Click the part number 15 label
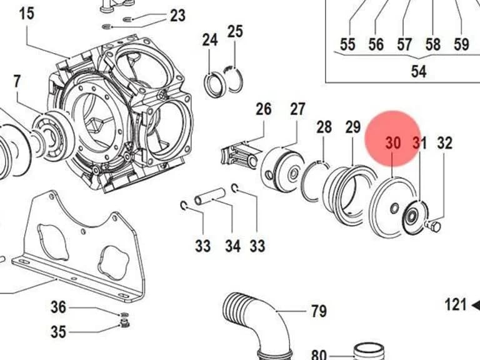(27, 14)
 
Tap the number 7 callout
(17, 81)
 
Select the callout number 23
(178, 16)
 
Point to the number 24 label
(210, 40)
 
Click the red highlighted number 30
(393, 143)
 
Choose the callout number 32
(445, 143)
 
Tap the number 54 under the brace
(419, 71)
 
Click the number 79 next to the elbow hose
(319, 311)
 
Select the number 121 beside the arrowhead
(456, 305)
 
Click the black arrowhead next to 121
(476, 305)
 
